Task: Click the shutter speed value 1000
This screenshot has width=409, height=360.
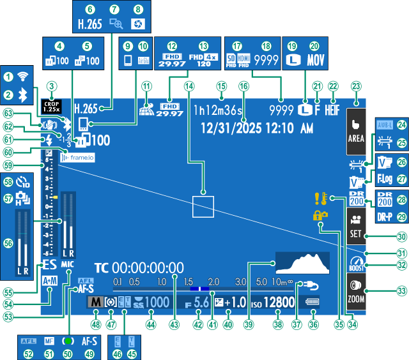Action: tap(155, 302)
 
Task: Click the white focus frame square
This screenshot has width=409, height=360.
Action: tap(203, 207)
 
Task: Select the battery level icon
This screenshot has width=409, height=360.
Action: tap(313, 302)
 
